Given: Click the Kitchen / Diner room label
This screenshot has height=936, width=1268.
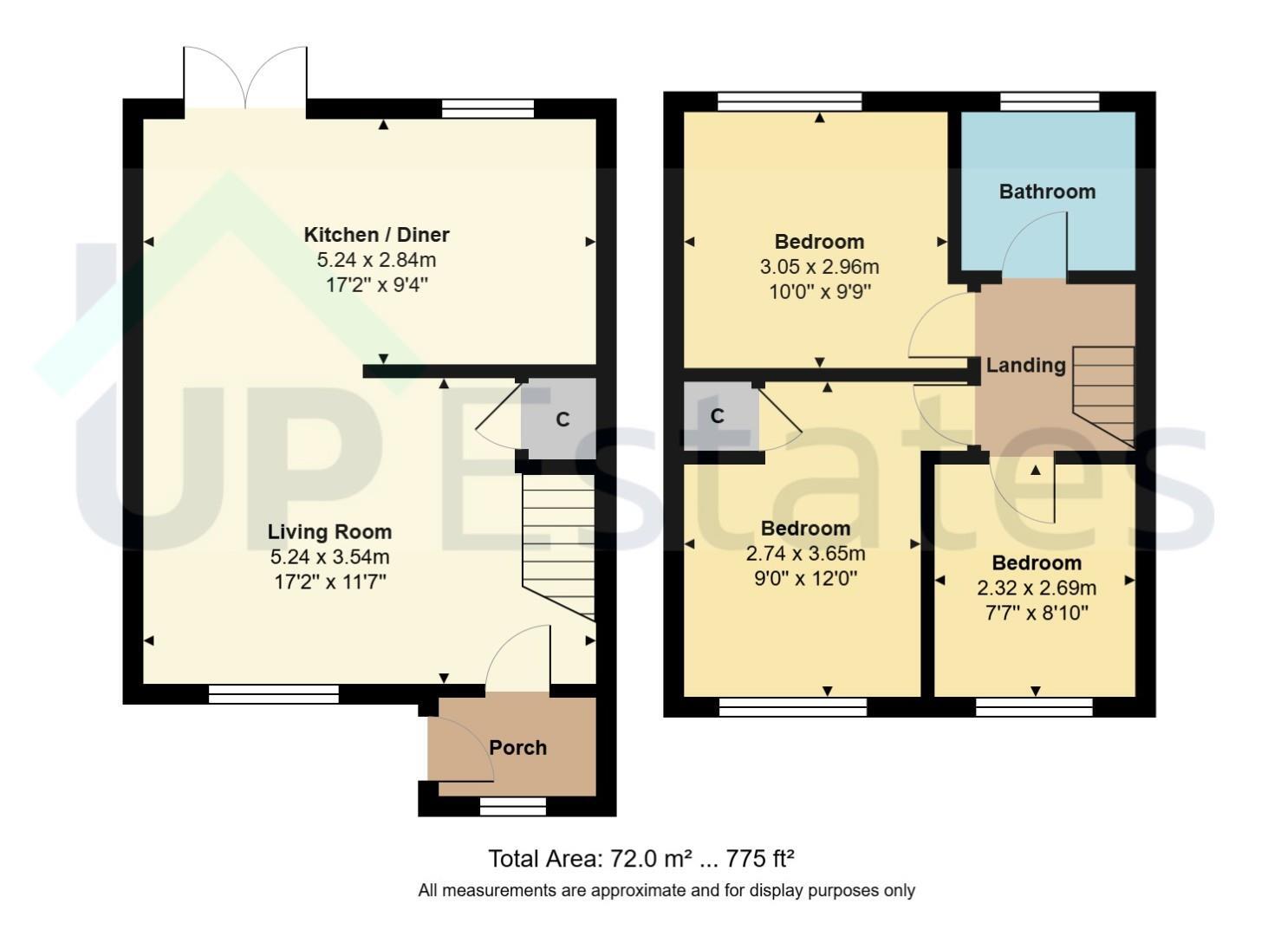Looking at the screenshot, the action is click(x=376, y=234).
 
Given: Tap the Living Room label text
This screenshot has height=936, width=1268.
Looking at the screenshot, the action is click(x=330, y=532).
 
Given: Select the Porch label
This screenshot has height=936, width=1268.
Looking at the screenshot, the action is click(x=518, y=748).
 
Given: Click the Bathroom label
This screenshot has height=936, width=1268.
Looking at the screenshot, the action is click(x=1047, y=192).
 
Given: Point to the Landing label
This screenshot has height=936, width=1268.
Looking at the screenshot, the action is click(x=1025, y=366).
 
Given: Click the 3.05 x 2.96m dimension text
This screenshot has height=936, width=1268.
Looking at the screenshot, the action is click(x=819, y=267).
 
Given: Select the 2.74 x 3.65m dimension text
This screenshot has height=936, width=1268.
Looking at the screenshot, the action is click(x=805, y=554).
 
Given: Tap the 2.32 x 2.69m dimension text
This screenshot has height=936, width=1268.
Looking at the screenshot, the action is click(x=1037, y=588).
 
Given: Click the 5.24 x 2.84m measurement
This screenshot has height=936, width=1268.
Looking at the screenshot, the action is click(x=376, y=260).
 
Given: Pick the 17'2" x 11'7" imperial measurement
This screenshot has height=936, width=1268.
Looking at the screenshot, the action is click(x=330, y=582).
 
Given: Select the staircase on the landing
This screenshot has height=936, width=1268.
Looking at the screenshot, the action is click(x=1103, y=397).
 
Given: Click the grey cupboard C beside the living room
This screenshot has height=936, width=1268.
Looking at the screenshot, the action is click(x=558, y=418).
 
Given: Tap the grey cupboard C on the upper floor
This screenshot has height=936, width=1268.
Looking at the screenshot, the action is click(x=721, y=416).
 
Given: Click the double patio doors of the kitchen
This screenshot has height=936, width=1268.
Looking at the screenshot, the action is click(x=245, y=78).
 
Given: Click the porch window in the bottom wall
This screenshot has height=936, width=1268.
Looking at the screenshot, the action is click(x=513, y=806).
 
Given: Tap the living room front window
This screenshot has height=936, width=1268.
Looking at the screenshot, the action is click(x=274, y=694).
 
